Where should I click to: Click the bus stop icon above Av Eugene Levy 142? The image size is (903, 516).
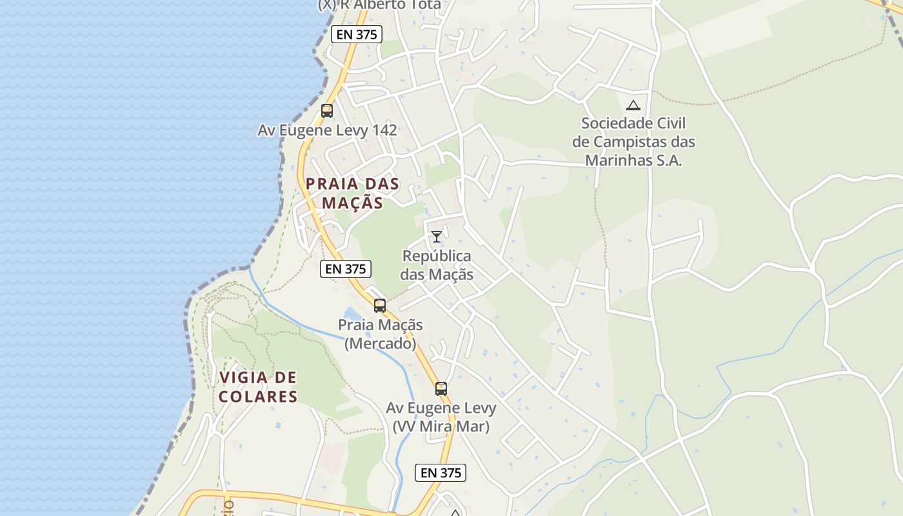click(x=327, y=111)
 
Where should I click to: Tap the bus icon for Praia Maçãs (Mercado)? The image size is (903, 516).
click(x=380, y=306)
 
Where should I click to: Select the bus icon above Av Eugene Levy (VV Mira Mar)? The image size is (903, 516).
click(x=441, y=389)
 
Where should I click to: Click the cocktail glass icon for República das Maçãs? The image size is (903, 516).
click(x=437, y=236)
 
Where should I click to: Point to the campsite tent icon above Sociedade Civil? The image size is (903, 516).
click(x=633, y=105)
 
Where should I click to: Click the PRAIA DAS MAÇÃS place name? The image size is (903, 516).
click(x=353, y=193)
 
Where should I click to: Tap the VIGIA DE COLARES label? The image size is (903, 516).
click(x=258, y=386)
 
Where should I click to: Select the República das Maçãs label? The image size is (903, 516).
click(x=437, y=265)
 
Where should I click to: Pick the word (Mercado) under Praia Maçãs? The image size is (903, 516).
click(x=380, y=343)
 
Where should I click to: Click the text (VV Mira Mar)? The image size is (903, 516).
click(x=441, y=426)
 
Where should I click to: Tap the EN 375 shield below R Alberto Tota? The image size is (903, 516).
click(x=357, y=34)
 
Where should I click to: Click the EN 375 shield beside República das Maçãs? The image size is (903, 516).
click(x=346, y=269)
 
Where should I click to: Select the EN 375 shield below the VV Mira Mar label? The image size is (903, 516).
click(x=441, y=473)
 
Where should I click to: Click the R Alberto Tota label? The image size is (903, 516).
click(x=380, y=5)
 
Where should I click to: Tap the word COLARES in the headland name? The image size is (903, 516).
click(x=258, y=396)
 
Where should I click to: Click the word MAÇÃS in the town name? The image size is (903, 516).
click(x=353, y=203)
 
